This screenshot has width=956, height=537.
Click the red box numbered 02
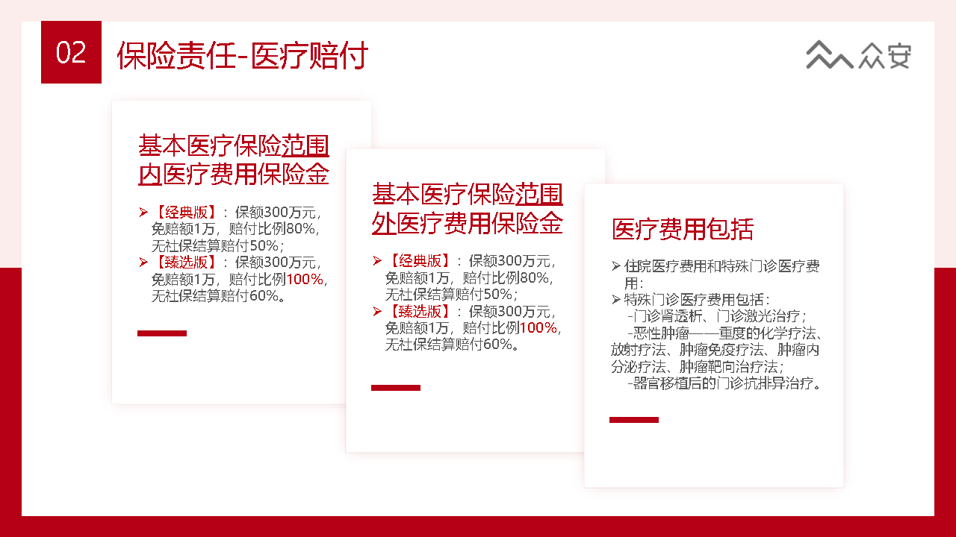coord(71,52)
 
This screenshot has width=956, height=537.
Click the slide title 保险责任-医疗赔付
coord(242,56)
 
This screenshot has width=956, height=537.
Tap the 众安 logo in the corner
coord(858,55)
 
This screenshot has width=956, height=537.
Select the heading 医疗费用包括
coord(683,229)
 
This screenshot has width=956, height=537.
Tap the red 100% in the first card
coord(305,280)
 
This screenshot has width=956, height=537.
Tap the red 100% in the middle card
coord(538,328)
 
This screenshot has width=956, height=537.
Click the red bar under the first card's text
coord(162,333)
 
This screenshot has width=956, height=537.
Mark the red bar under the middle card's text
coord(396,388)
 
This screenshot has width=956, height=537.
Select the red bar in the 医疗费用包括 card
coord(634,420)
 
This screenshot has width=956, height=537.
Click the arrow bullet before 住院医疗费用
coord(615,266)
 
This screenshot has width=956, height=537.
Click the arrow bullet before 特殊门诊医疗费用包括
coord(615,300)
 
